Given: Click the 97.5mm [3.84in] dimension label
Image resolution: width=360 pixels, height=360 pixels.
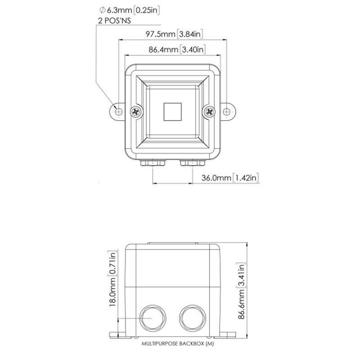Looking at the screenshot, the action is click(x=174, y=34).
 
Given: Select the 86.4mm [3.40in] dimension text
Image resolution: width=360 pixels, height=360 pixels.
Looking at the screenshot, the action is click(x=177, y=49).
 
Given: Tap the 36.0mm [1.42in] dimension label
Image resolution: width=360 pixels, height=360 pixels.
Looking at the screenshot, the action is click(x=230, y=178).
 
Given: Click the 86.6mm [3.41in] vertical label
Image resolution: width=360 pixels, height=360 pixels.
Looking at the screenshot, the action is click(x=242, y=291).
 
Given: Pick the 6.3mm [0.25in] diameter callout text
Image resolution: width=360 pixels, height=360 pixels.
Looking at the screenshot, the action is click(x=129, y=10).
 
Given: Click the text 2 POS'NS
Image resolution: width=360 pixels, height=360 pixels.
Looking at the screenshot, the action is click(x=115, y=21).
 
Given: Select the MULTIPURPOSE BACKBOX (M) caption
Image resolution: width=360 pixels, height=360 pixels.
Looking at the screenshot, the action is click(x=177, y=344).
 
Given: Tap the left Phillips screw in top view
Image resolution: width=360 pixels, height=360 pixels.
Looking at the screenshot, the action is click(x=136, y=112).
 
